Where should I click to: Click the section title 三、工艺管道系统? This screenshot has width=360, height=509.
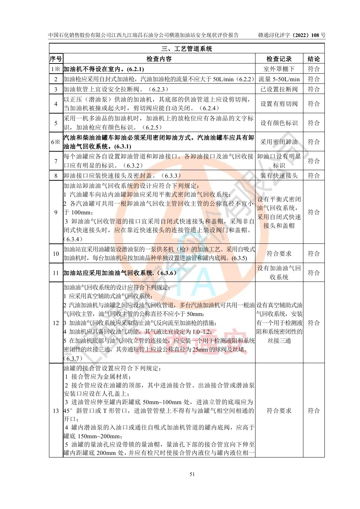pos(187,49)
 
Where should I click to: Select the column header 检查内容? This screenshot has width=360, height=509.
pos(159,59)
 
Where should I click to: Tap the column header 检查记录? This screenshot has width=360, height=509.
pos(279,59)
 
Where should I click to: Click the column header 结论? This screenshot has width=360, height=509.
pos(314,59)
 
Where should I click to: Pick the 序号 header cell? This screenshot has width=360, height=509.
pos(56,59)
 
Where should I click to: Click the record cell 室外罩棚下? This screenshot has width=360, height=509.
pos(279,69)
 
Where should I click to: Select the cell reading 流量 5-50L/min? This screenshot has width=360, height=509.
pos(279,79)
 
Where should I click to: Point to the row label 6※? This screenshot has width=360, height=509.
pos(56,142)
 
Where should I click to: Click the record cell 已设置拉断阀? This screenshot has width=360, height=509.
pos(279,89)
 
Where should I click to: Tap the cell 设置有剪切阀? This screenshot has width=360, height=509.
pos(279,104)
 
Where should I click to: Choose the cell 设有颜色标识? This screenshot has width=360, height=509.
pos(279,123)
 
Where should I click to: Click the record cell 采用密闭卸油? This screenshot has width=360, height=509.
pos(279,142)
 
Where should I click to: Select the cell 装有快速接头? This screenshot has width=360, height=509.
pos(279,176)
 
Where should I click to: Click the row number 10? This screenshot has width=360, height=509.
pos(56,254)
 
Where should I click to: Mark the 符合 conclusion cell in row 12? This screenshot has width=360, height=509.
pos(314,323)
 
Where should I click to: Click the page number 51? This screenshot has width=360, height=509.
pos(192,474)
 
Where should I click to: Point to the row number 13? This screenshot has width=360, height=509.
pos(56,411)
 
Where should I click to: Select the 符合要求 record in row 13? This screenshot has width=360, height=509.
pos(279,411)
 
